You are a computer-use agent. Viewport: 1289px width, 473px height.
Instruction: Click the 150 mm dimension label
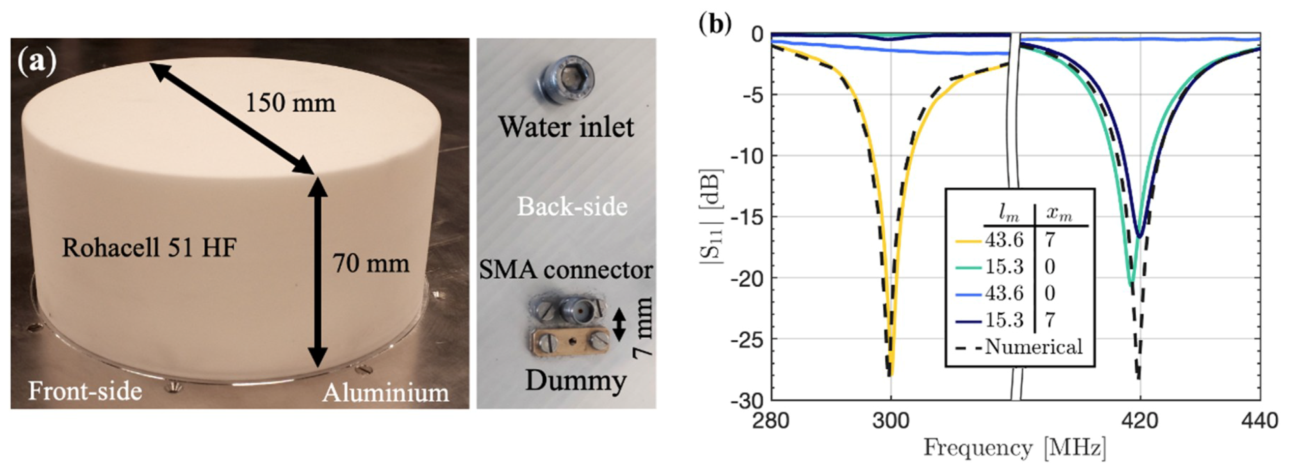pyautogui.click(x=291, y=103)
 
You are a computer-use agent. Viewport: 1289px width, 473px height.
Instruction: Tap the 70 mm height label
pyautogui.click(x=371, y=264)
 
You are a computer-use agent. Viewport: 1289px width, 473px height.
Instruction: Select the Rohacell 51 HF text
pyautogui.click(x=149, y=248)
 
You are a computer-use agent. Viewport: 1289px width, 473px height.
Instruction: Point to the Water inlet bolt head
pyautogui.click(x=567, y=77)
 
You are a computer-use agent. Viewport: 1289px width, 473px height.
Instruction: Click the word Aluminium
pyautogui.click(x=386, y=393)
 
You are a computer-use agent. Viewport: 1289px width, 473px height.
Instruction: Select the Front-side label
pyautogui.click(x=85, y=392)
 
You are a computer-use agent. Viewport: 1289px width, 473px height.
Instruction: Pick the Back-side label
pyautogui.click(x=572, y=206)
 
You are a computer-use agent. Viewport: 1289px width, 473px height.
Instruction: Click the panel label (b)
pyautogui.click(x=715, y=24)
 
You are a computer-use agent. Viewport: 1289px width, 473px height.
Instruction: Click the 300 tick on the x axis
pyautogui.click(x=890, y=421)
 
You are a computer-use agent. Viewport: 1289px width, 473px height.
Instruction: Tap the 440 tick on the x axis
pyautogui.click(x=1259, y=421)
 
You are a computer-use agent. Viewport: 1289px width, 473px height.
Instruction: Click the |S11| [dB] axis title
pyautogui.click(x=711, y=223)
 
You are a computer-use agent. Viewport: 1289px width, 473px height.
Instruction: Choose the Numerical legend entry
pyautogui.click(x=1033, y=347)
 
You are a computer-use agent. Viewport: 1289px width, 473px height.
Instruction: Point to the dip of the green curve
pyautogui.click(x=1130, y=283)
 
